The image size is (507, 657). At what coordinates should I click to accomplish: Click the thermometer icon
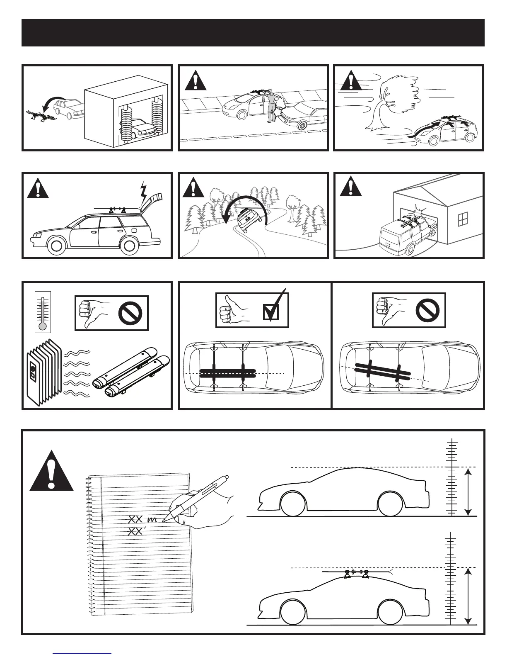click(42, 311)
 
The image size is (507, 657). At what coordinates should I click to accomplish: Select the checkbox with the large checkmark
click(271, 312)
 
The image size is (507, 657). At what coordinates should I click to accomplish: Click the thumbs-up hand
click(232, 310)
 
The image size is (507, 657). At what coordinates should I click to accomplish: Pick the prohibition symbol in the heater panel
click(130, 314)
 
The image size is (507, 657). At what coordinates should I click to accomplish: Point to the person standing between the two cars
click(271, 106)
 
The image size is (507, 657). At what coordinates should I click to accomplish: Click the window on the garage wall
click(462, 219)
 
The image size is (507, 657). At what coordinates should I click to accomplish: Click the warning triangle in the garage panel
click(350, 186)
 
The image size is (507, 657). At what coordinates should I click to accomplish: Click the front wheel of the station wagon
click(56, 246)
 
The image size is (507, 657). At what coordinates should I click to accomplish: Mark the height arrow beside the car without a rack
click(468, 492)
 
